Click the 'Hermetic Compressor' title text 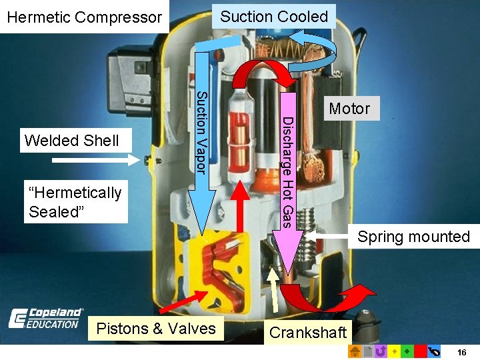[x=84, y=17]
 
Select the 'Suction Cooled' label [x=274, y=17]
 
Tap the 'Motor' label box [x=349, y=109]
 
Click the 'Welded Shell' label [x=71, y=141]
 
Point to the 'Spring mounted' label [x=413, y=237]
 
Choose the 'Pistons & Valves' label [x=156, y=328]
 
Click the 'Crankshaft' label [x=308, y=332]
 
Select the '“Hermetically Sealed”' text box [x=75, y=202]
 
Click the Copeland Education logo [x=45, y=318]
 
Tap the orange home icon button [x=355, y=351]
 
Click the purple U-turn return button [x=380, y=351]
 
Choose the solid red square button [x=420, y=351]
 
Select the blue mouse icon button [x=434, y=351]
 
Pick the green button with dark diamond [x=407, y=351]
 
